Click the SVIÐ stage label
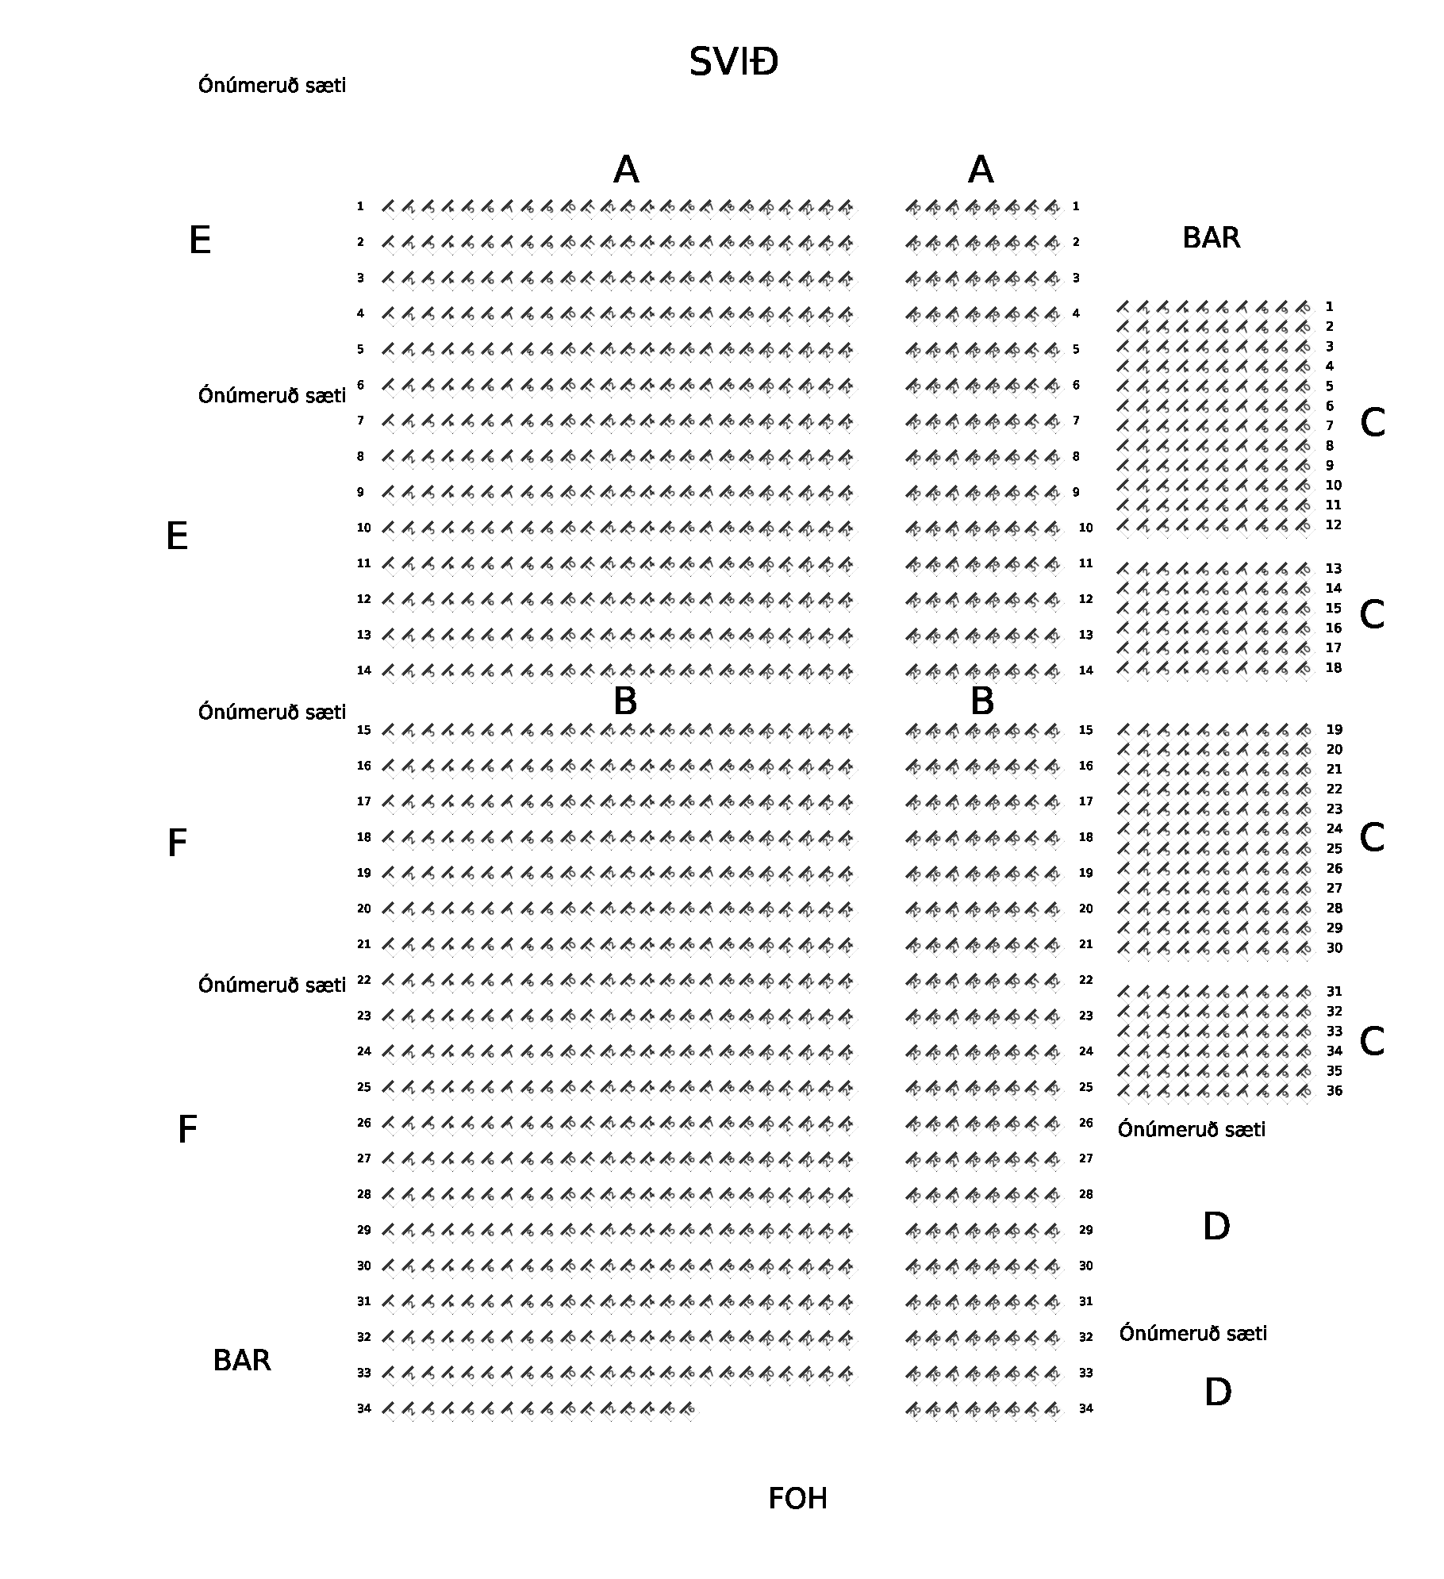733,62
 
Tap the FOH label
797,1499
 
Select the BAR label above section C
1211,238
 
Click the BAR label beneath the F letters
242,1361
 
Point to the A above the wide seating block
626,170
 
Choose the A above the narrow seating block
981,170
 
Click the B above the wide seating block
625,701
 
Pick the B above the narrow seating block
981,701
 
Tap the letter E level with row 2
200,240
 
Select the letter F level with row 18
177,843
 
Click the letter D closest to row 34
1217,1393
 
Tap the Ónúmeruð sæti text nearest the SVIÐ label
272,86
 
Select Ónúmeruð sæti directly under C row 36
1191,1130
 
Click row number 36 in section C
1334,1091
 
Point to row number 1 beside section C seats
1330,307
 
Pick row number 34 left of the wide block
363,1408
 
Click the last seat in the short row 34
687,1409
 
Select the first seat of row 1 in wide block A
389,207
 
